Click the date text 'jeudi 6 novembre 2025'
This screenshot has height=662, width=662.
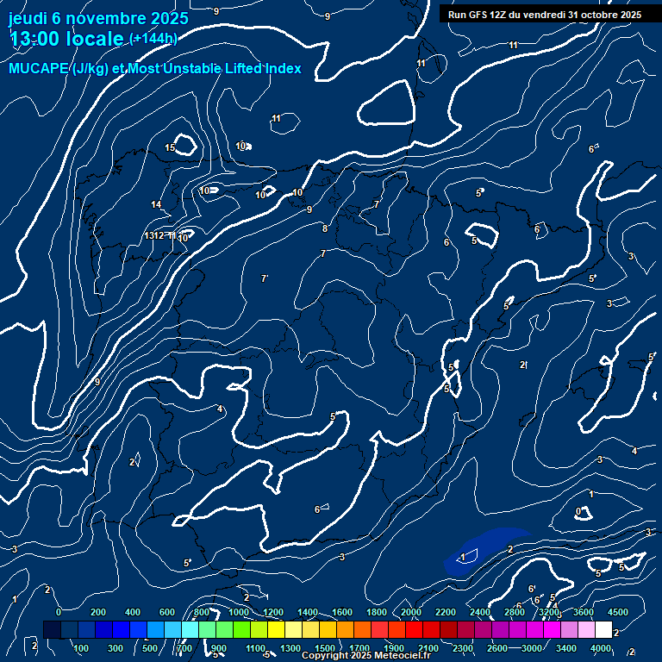click(x=99, y=16)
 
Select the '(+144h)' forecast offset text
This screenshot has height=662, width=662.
click(x=153, y=39)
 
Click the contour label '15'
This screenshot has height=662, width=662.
click(x=170, y=148)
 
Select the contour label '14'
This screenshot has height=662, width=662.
click(x=156, y=204)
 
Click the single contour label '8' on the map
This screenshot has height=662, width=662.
click(x=325, y=228)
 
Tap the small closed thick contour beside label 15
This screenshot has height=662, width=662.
click(x=184, y=144)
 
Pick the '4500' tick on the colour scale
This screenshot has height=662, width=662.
click(x=617, y=612)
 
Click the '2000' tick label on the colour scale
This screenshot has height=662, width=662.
click(x=411, y=612)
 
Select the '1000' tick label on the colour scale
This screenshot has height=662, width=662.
click(x=238, y=612)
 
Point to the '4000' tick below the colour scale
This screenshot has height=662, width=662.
click(x=602, y=647)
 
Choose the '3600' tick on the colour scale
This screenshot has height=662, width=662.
click(x=584, y=612)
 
